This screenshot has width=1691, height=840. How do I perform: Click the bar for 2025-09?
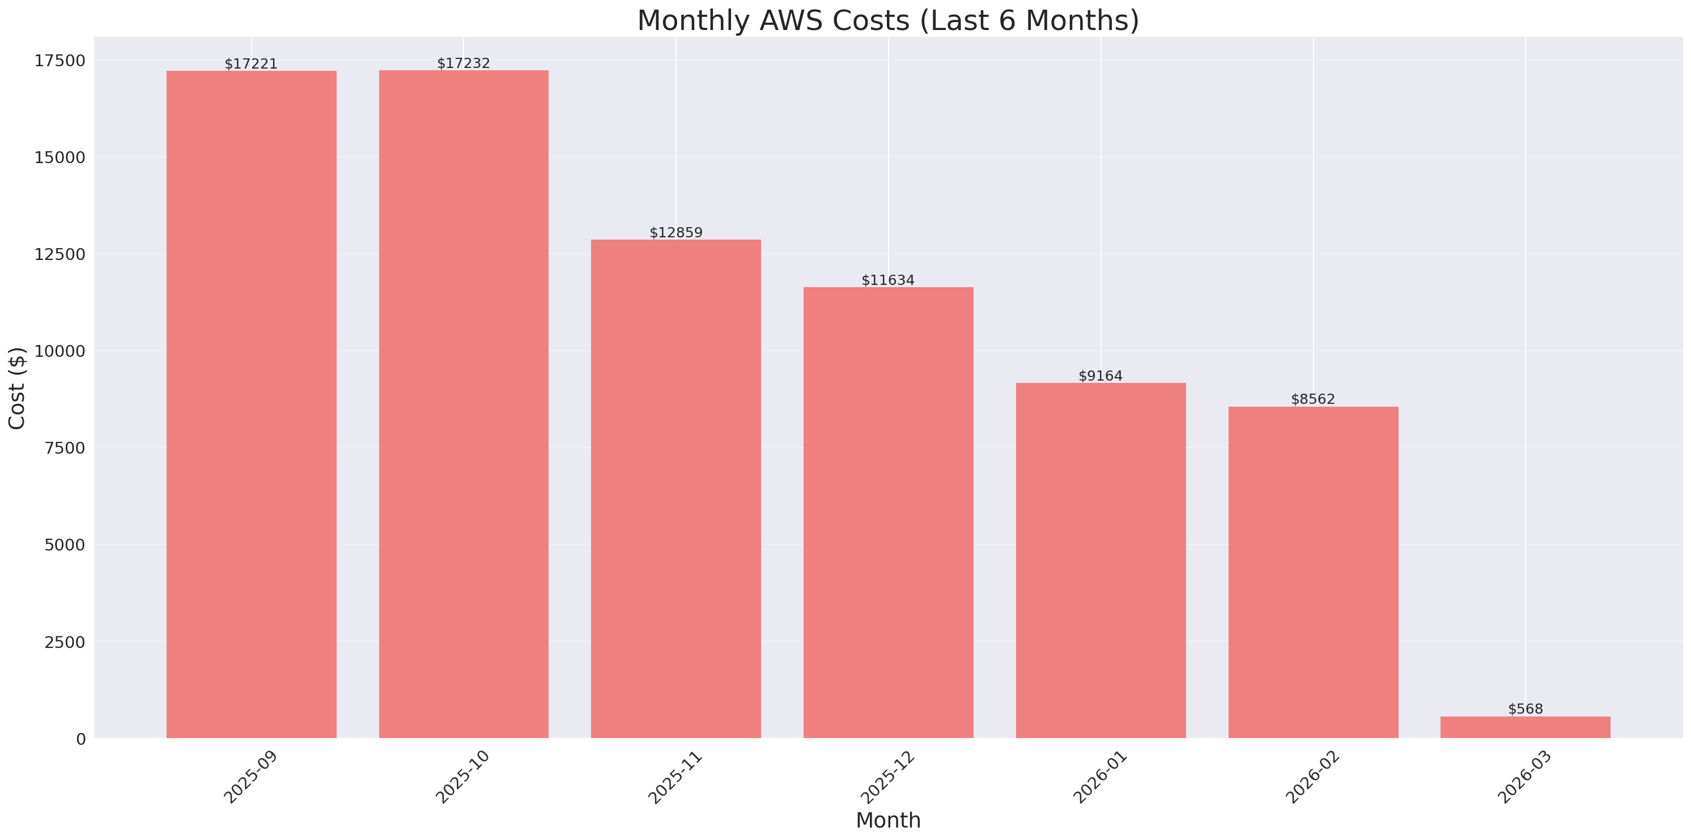252,404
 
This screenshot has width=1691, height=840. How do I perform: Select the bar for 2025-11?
675,489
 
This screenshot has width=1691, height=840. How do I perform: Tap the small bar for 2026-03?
1525,727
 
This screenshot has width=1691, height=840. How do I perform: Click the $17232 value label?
464,63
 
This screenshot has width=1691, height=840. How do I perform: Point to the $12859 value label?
675,232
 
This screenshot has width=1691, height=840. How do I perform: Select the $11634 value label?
887,280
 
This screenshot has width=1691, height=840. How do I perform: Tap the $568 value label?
1525,709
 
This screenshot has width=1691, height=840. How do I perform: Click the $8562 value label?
1312,399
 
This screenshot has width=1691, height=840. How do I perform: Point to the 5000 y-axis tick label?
65,545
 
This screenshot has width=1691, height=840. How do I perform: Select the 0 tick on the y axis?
80,739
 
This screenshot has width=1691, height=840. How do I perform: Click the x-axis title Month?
887,820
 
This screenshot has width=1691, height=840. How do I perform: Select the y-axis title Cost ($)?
17,388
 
